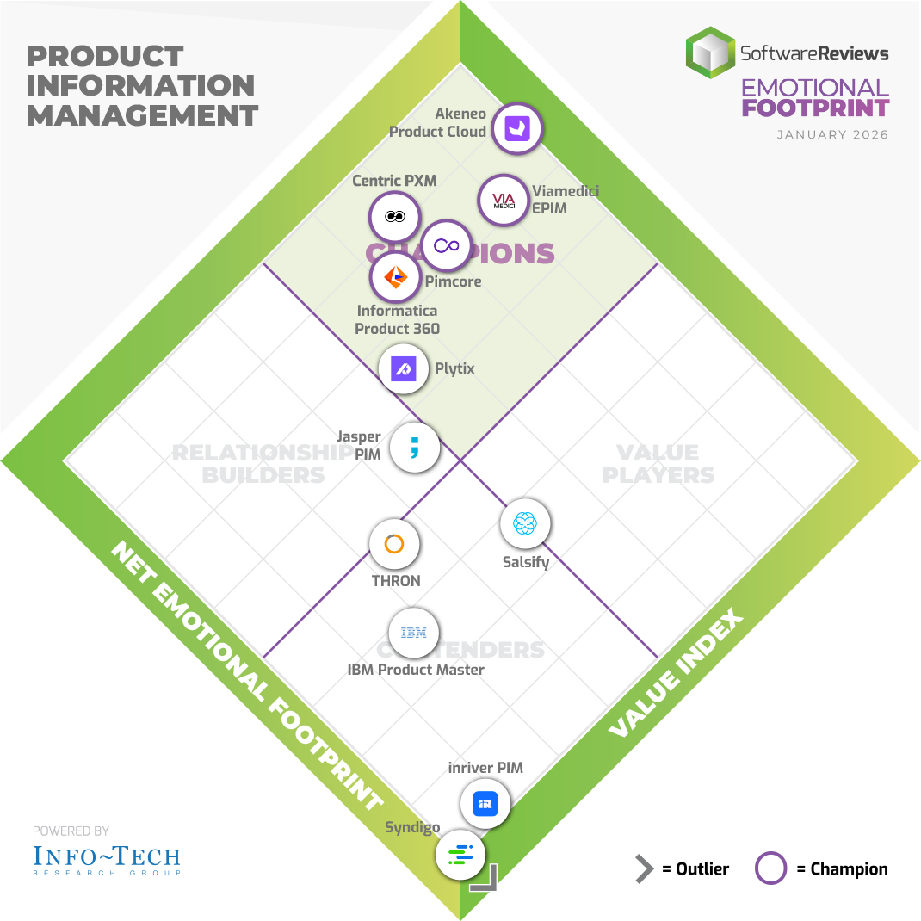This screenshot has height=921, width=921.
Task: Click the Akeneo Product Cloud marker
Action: click(521, 129)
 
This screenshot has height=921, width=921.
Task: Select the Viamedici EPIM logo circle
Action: click(503, 201)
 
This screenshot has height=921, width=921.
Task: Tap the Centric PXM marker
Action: click(394, 217)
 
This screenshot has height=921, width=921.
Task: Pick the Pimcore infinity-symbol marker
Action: click(446, 246)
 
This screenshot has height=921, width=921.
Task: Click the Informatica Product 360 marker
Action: click(395, 277)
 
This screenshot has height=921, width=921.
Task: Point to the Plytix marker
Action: click(404, 369)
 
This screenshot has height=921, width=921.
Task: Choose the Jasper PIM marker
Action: click(414, 448)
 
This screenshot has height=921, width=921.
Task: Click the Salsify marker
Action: click(524, 523)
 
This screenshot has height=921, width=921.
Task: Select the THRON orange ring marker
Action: click(394, 544)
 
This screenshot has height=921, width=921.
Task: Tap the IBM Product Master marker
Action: click(414, 634)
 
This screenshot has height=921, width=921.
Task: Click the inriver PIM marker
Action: click(485, 805)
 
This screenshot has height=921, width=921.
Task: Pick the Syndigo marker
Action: click(460, 856)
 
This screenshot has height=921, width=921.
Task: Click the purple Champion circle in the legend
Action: click(770, 868)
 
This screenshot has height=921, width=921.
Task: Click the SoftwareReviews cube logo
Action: click(709, 53)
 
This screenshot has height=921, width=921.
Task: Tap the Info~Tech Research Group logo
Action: click(107, 858)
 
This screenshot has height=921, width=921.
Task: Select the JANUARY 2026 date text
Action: click(831, 135)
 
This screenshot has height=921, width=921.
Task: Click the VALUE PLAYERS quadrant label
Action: click(658, 463)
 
